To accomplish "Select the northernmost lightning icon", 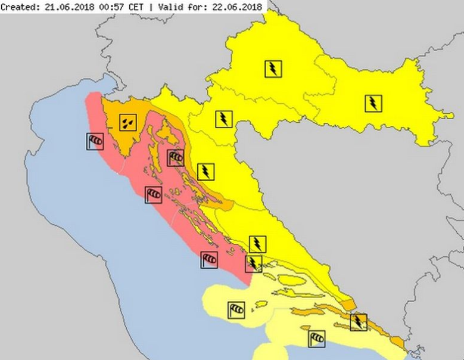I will (273, 69).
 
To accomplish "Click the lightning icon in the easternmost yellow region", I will (373, 104).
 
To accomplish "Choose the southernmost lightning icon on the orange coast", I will (359, 322).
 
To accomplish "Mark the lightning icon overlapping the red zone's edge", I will (254, 263).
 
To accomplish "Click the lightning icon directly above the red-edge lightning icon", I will (257, 244).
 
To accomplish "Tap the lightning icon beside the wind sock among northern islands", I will (205, 172).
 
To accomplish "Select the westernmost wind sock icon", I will (95, 141).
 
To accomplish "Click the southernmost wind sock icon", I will (317, 339).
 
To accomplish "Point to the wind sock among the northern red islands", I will (176, 157).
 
